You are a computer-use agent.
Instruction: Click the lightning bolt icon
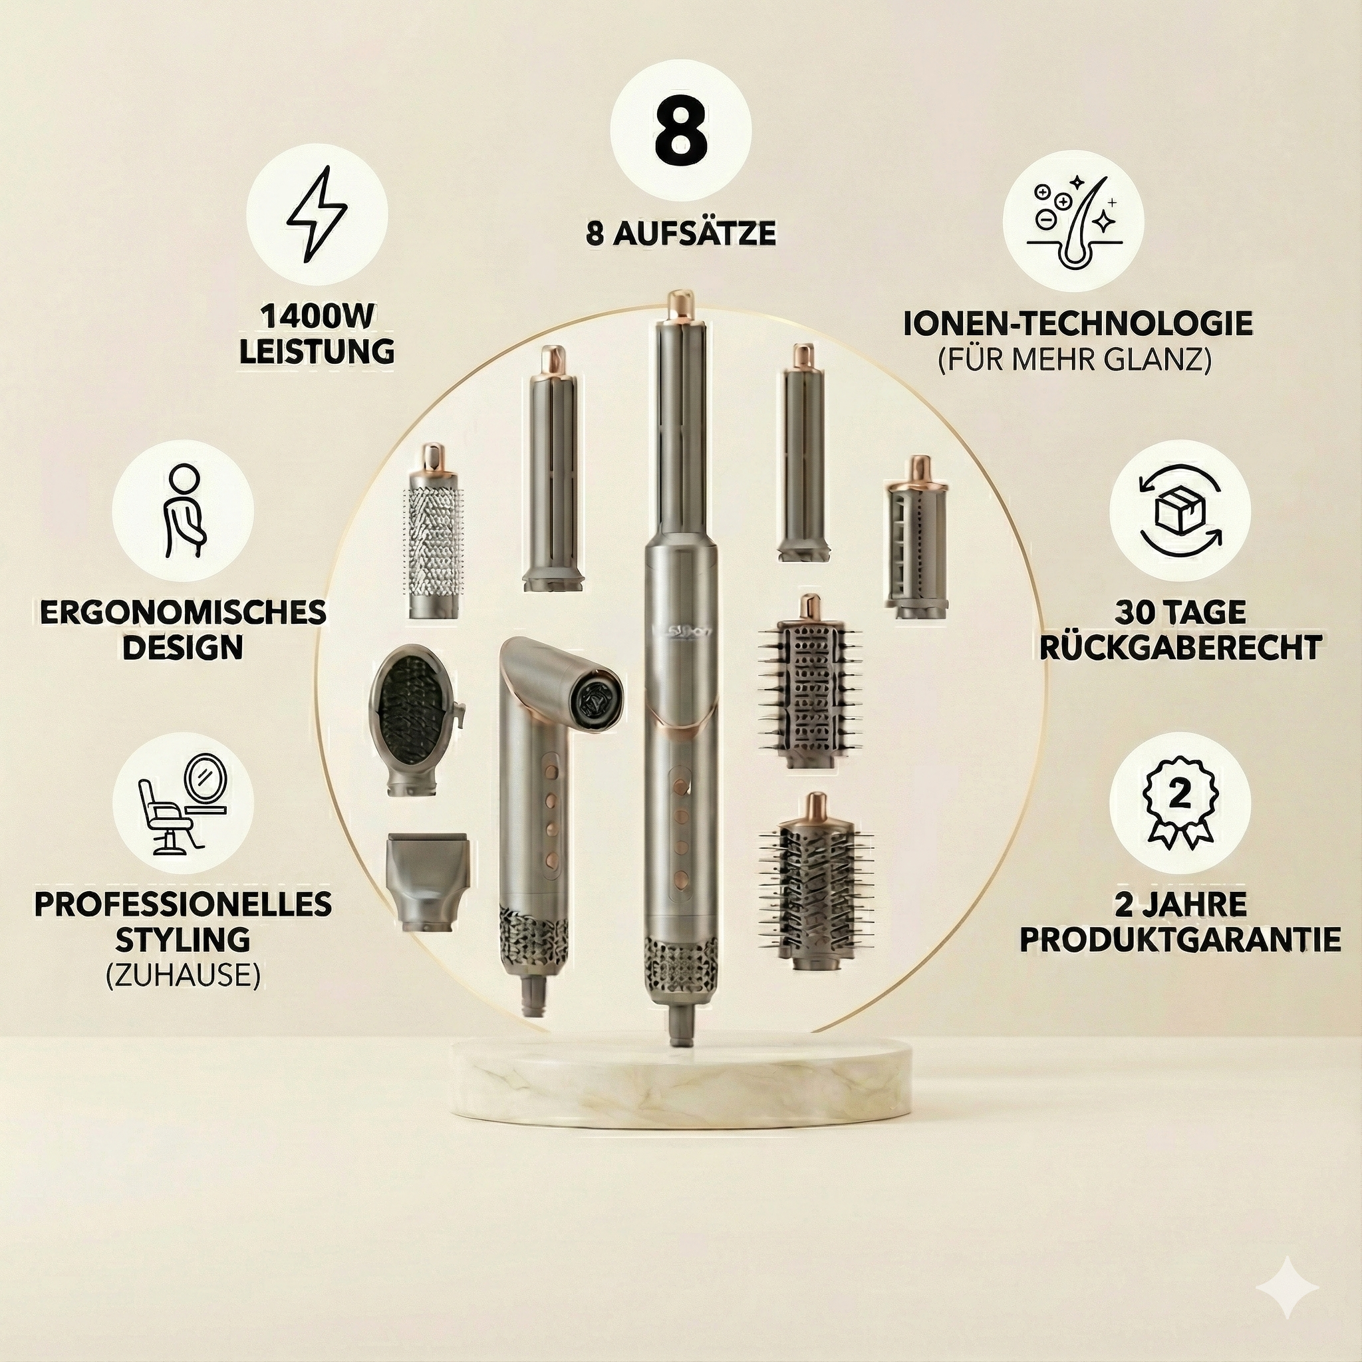tap(317, 213)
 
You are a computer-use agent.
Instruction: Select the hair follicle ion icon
tap(1072, 221)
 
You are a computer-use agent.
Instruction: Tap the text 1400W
tap(317, 317)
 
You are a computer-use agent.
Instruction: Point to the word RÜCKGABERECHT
tap(1179, 648)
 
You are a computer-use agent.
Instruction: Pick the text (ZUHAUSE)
tap(183, 975)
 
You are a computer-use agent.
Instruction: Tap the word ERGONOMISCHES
tap(183, 613)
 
